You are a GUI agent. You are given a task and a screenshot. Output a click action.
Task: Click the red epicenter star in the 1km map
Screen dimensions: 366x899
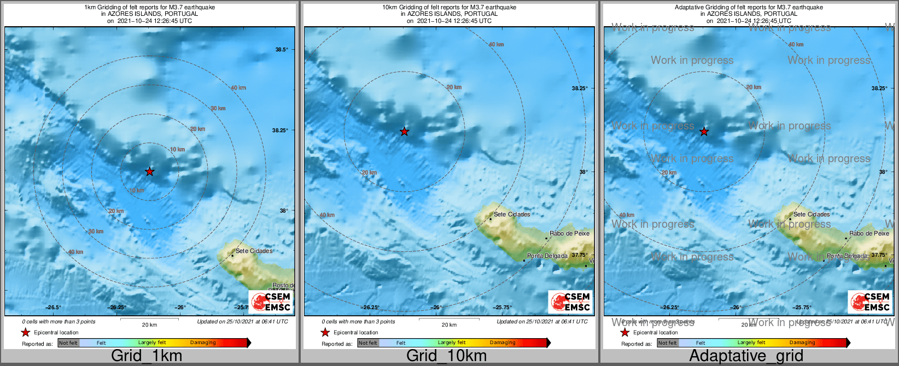click(150, 172)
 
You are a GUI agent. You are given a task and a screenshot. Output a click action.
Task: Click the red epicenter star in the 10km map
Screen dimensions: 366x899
click(404, 132)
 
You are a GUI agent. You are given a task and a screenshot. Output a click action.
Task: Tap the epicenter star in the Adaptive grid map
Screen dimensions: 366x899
click(704, 132)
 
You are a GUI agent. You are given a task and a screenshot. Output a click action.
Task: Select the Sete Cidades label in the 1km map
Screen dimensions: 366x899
click(254, 251)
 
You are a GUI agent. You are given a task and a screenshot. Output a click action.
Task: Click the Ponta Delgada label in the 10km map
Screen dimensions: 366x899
click(547, 256)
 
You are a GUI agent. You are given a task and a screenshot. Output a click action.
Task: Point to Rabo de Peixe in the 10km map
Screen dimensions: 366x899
click(569, 234)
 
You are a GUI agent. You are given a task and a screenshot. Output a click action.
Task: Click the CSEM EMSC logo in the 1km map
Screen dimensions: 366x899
click(271, 302)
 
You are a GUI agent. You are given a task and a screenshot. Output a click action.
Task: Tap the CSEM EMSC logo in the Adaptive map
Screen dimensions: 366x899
click(871, 302)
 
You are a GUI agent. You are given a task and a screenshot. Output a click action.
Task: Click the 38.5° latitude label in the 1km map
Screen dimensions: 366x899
click(282, 50)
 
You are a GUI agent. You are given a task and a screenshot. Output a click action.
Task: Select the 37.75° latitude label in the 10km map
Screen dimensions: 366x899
click(579, 255)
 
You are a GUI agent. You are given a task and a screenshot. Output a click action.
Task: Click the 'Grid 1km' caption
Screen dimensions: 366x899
click(147, 356)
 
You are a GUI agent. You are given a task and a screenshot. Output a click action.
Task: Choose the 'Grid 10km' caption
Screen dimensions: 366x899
click(446, 356)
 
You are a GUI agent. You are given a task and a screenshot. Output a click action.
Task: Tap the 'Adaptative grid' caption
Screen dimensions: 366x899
click(746, 356)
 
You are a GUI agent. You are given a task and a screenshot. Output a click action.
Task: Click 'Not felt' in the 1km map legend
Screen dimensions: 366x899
click(68, 343)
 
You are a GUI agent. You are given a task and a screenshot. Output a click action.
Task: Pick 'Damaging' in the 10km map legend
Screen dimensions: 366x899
click(503, 343)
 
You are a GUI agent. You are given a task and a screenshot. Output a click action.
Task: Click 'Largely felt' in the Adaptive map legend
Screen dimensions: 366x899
click(751, 343)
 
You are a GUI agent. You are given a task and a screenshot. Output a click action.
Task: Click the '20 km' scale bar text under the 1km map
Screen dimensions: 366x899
click(149, 325)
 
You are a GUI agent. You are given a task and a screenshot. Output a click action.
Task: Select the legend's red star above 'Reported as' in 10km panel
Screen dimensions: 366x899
click(325, 333)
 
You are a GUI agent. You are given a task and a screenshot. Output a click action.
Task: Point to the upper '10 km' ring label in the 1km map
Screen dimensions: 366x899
click(177, 150)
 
